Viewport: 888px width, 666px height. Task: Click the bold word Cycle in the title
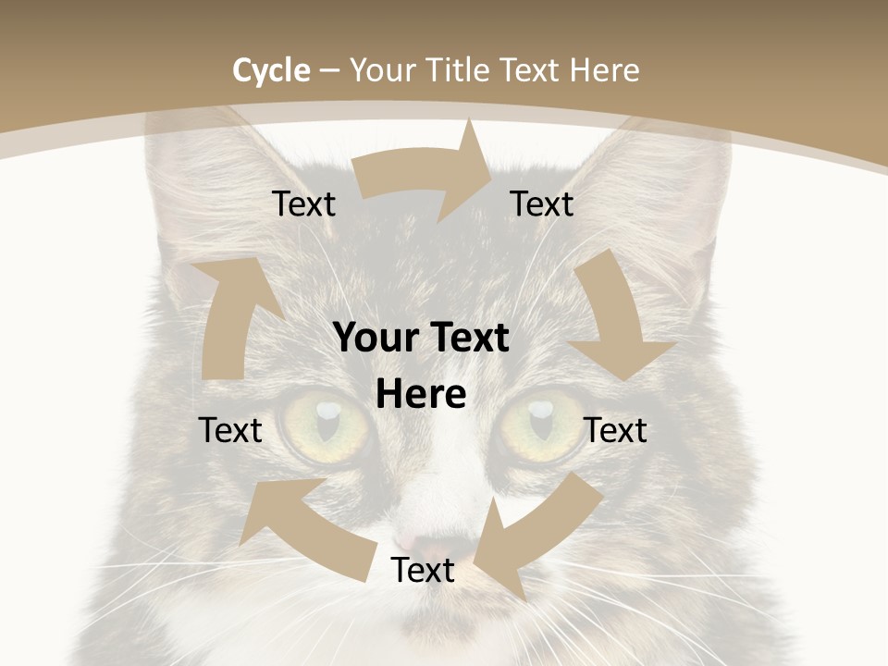[x=271, y=70]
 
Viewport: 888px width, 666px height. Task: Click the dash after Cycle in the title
[x=329, y=70]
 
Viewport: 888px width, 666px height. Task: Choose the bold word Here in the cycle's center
[x=421, y=395]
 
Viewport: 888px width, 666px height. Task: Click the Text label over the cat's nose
[x=423, y=571]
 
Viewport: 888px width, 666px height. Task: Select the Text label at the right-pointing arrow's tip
[x=542, y=204]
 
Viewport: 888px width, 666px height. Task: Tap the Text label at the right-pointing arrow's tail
[x=304, y=204]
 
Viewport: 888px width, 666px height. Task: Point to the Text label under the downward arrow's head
[x=616, y=430]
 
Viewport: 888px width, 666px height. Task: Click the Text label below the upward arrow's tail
[x=230, y=430]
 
